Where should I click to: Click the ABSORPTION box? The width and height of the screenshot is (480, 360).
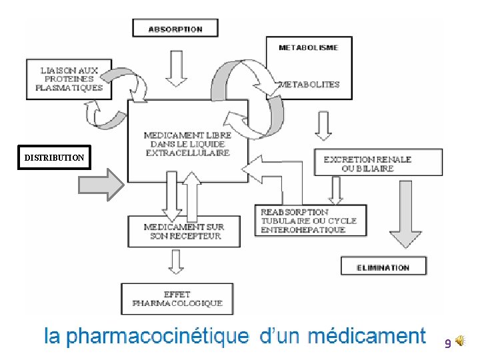click(175, 28)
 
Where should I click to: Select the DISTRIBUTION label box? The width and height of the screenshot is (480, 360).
click(54, 157)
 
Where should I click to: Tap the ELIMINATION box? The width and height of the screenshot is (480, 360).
click(383, 266)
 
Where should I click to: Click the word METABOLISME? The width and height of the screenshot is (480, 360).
click(308, 48)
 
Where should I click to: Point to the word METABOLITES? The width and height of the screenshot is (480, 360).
click(309, 85)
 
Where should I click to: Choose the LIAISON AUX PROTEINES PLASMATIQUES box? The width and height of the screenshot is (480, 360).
click(69, 79)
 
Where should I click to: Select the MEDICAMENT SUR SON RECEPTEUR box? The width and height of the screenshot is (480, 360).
click(184, 231)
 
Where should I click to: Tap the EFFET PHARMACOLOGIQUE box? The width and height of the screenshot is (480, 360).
click(177, 299)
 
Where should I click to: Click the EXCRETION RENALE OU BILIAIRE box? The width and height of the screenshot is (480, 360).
click(379, 162)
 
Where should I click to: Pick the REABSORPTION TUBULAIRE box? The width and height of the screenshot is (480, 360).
click(311, 221)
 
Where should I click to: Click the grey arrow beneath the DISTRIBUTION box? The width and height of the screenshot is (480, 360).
click(101, 185)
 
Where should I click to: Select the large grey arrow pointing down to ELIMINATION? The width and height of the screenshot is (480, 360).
click(405, 214)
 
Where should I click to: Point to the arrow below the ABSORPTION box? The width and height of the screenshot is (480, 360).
click(176, 69)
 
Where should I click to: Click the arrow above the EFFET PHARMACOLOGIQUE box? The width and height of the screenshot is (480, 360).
click(176, 262)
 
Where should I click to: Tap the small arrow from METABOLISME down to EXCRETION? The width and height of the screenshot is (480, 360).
click(323, 125)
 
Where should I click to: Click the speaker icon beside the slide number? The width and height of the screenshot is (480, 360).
click(460, 341)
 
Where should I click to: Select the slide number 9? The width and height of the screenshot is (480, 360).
click(448, 343)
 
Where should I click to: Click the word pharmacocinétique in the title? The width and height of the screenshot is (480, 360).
click(157, 336)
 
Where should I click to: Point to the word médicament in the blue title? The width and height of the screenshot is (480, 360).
click(367, 335)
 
